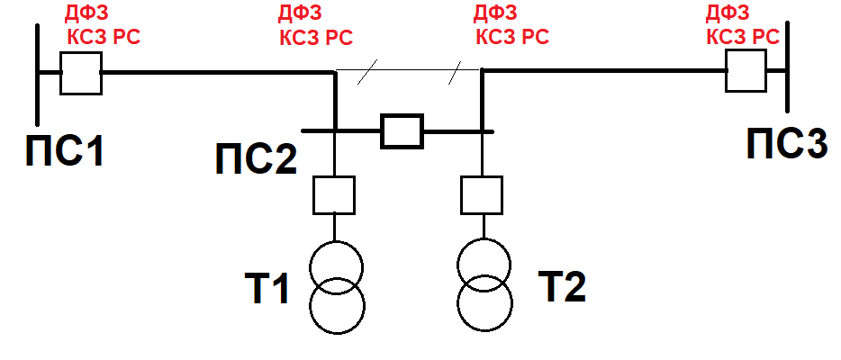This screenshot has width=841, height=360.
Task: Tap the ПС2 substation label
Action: (x=256, y=158)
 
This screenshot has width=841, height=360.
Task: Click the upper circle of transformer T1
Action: (x=336, y=242)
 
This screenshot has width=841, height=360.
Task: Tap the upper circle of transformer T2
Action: (x=484, y=238)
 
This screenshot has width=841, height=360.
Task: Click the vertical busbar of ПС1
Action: (x=38, y=74)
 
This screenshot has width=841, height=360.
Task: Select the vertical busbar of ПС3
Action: (x=787, y=67)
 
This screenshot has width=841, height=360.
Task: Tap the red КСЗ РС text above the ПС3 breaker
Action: (x=743, y=37)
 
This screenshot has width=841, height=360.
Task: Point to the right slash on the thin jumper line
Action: (x=455, y=73)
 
